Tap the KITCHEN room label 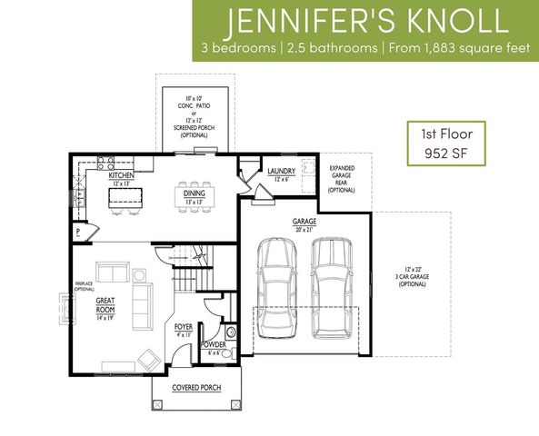click(x=122, y=175)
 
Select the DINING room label click(x=194, y=193)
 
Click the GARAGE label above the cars click(x=304, y=221)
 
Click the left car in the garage click(x=278, y=289)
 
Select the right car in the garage click(x=331, y=289)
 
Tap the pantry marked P click(x=79, y=232)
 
